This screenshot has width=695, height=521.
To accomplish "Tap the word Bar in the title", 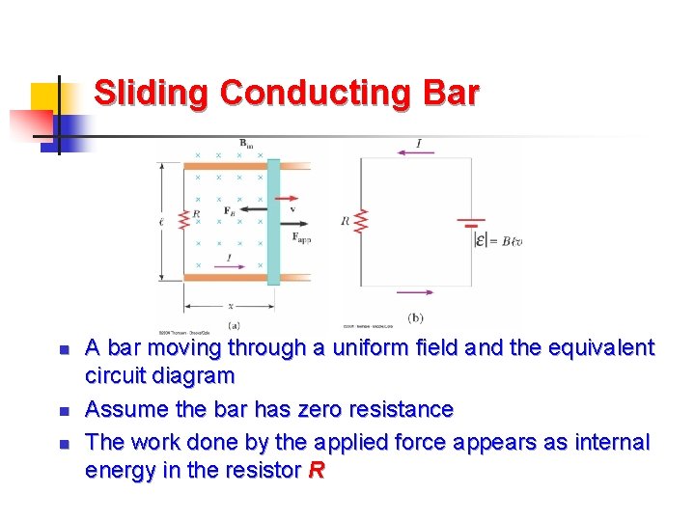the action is (451, 94).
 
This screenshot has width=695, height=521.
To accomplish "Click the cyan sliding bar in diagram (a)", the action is (274, 221).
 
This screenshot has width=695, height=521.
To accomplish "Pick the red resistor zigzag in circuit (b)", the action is (361, 221).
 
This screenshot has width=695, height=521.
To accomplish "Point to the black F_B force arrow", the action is (254, 209).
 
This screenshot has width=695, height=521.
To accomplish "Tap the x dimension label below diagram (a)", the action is (230, 305).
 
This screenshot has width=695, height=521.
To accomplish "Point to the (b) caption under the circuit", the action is (416, 317).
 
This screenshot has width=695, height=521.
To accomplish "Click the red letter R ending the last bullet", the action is (315, 471).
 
